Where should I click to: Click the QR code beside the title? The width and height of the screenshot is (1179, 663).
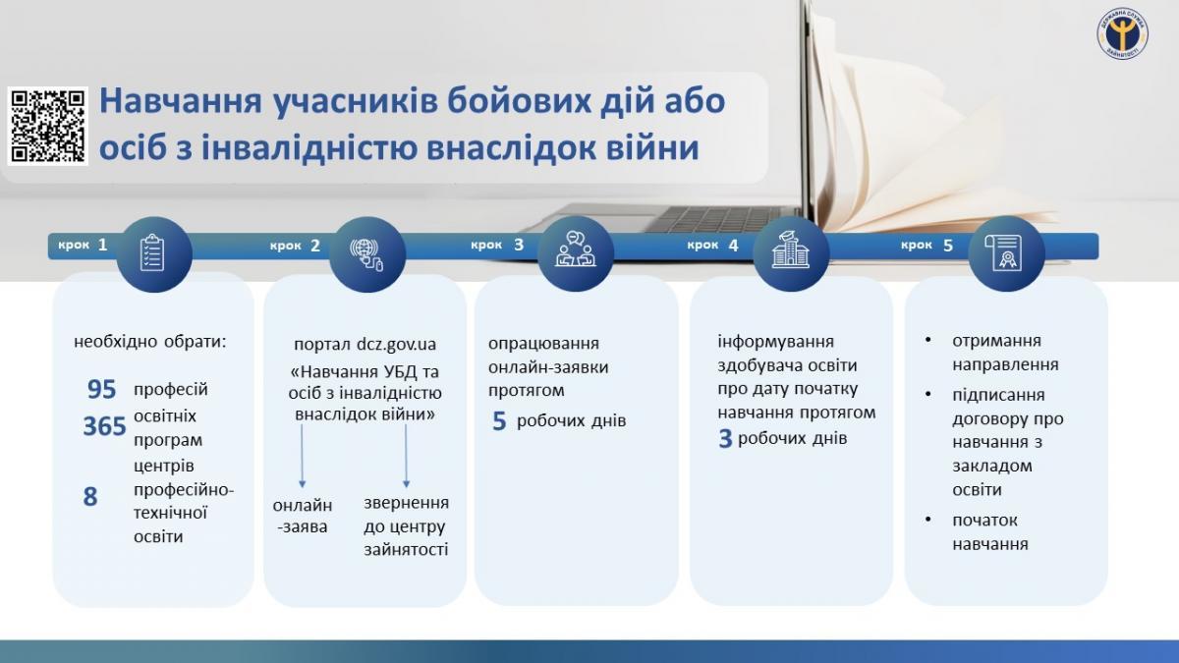48,127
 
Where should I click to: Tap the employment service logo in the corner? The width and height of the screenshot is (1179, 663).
1123,33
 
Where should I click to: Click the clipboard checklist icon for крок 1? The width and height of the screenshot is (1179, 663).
152,253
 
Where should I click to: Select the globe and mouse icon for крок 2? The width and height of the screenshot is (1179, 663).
366,255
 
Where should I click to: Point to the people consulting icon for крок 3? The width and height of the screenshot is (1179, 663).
576,249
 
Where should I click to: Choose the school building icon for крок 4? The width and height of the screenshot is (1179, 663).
791,249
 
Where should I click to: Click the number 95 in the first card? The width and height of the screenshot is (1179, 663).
101,389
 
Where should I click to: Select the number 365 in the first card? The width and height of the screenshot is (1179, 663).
104,425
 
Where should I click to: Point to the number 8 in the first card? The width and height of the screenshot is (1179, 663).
90,497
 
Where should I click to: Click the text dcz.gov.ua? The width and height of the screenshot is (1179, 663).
396,345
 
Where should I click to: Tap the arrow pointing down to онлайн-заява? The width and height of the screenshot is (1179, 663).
303,456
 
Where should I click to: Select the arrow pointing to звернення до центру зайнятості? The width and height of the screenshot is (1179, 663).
406,456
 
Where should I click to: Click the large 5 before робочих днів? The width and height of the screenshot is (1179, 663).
499,421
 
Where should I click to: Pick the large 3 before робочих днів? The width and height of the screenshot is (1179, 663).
725,439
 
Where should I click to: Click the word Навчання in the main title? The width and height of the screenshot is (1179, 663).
181,100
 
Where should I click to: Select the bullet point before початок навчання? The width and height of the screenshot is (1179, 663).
927,520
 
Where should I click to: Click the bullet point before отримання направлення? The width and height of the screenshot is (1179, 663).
927,341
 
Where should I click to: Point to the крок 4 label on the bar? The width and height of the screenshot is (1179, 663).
713,246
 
